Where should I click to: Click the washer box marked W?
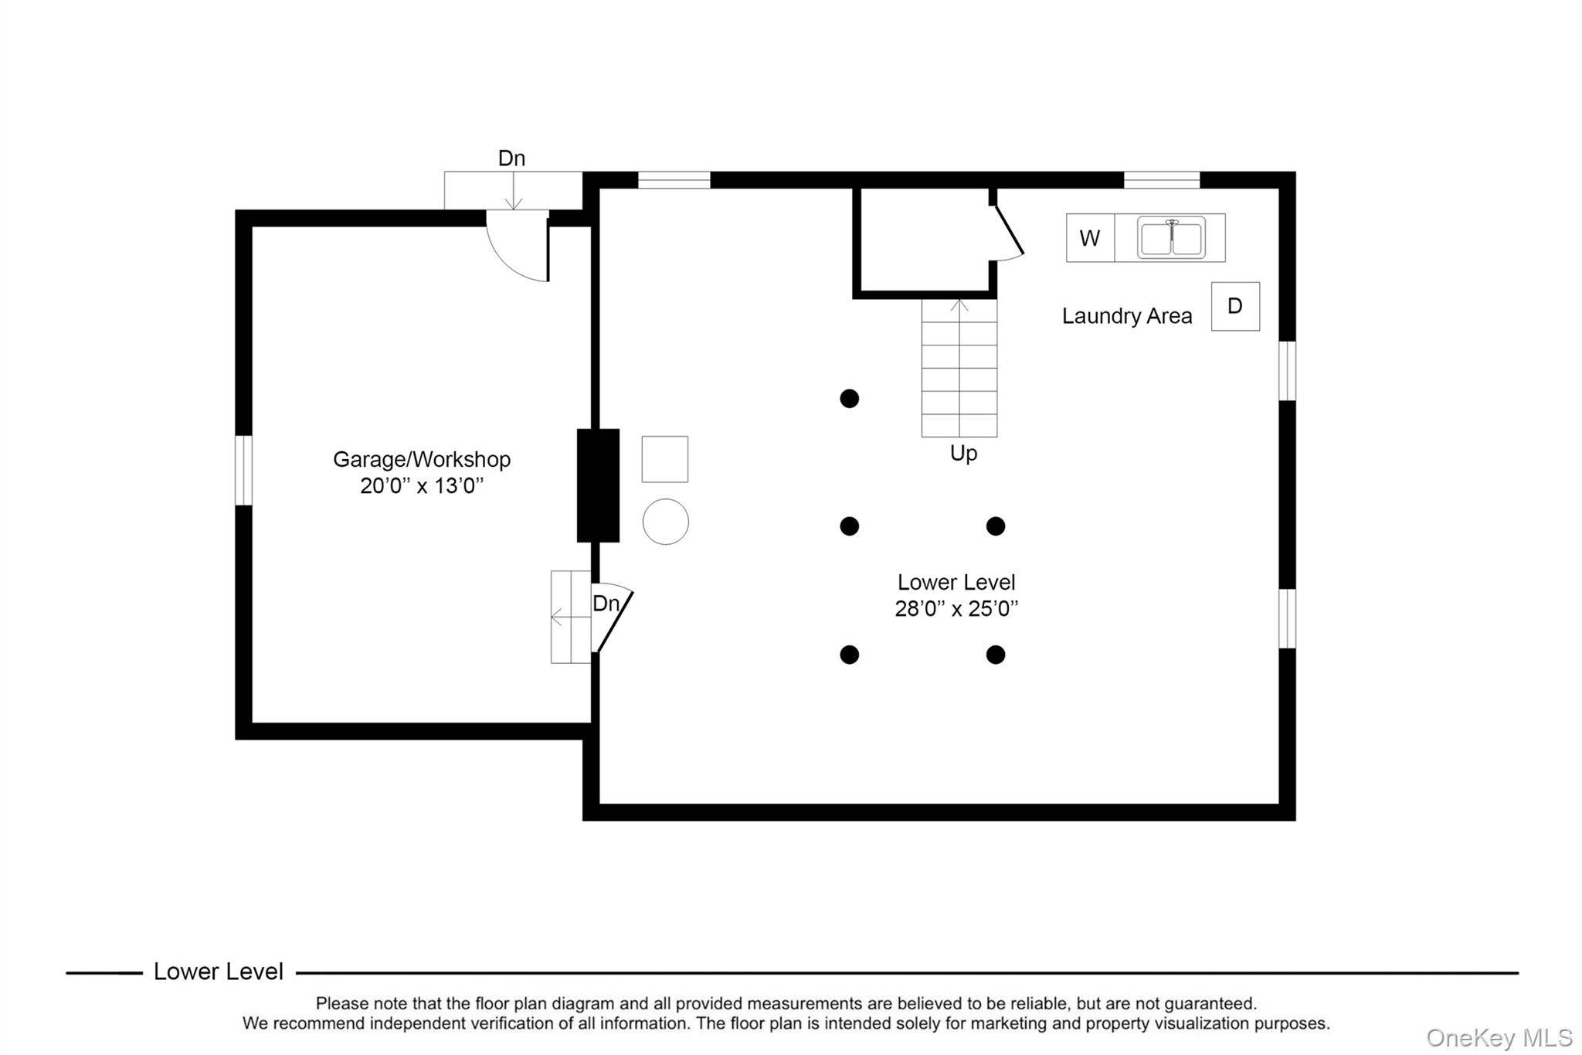[1090, 238]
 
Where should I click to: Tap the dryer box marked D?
[1235, 306]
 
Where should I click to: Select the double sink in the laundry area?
[1171, 238]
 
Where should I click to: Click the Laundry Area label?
[1127, 316]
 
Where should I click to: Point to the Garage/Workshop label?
[422, 460]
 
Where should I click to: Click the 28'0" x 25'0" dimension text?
[956, 609]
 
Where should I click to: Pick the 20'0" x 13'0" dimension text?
[422, 486]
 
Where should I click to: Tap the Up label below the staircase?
[963, 453]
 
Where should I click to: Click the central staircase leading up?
[959, 368]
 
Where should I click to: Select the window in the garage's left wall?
[243, 470]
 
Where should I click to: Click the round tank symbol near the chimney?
[665, 522]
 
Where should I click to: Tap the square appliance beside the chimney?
[665, 459]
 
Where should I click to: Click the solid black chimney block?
[598, 485]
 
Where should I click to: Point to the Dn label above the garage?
[511, 158]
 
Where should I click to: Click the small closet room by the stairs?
[925, 242]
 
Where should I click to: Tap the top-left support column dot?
[850, 399]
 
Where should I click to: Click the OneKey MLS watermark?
[1499, 1037]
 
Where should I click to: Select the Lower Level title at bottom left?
[219, 972]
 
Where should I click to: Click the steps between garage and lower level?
[571, 617]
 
